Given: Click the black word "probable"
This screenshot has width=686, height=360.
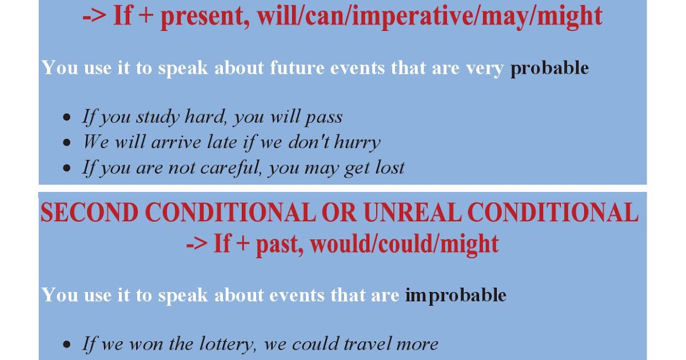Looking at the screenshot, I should (x=549, y=69).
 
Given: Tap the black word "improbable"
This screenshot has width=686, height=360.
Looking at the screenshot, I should (x=456, y=295).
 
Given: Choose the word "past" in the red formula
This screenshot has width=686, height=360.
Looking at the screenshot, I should (x=278, y=244).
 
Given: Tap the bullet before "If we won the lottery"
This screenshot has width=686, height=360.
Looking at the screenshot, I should (x=68, y=345).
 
